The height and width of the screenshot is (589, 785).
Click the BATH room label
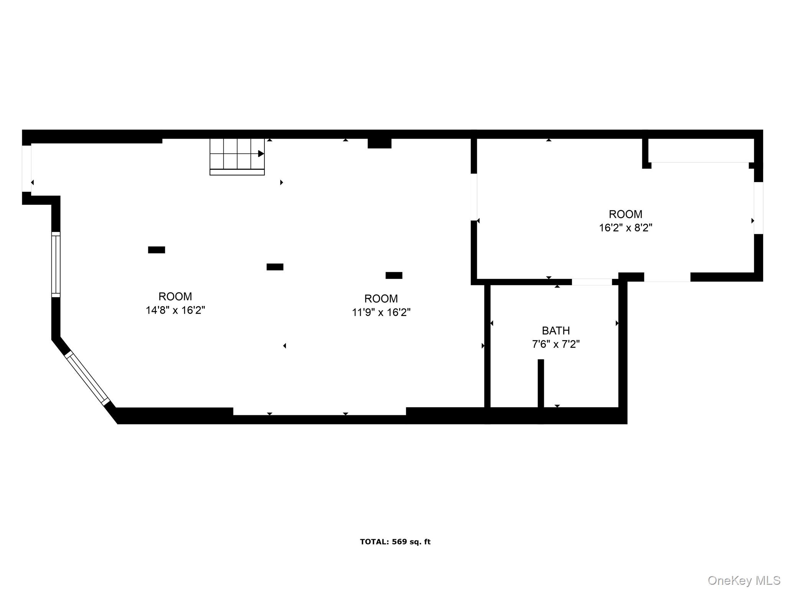tap(555, 331)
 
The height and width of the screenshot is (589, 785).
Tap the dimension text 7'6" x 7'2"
tap(555, 344)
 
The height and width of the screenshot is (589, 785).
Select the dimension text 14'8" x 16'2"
tap(175, 310)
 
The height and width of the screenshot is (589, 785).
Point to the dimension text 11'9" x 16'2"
tap(381, 313)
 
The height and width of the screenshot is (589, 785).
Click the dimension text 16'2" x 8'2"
tap(626, 228)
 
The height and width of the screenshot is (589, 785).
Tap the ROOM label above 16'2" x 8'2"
tap(626, 214)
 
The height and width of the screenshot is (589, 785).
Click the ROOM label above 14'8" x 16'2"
tap(175, 296)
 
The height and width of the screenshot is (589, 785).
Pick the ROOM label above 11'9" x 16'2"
tap(381, 298)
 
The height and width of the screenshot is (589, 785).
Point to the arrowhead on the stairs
tap(261, 154)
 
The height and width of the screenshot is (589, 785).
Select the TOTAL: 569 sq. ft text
tap(395, 542)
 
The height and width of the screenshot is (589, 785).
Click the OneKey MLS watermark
tap(744, 580)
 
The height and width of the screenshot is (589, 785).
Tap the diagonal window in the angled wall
tap(87, 378)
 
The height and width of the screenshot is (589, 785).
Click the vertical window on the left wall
tap(56, 264)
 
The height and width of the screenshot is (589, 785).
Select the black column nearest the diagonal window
tap(156, 250)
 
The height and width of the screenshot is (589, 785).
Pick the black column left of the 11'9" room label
tap(275, 267)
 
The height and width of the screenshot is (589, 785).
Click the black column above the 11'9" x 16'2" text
tap(394, 275)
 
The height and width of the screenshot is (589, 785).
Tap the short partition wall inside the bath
tap(540, 383)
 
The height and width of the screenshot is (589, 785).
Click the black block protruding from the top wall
tap(379, 143)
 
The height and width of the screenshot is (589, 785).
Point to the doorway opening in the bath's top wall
tap(591, 282)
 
